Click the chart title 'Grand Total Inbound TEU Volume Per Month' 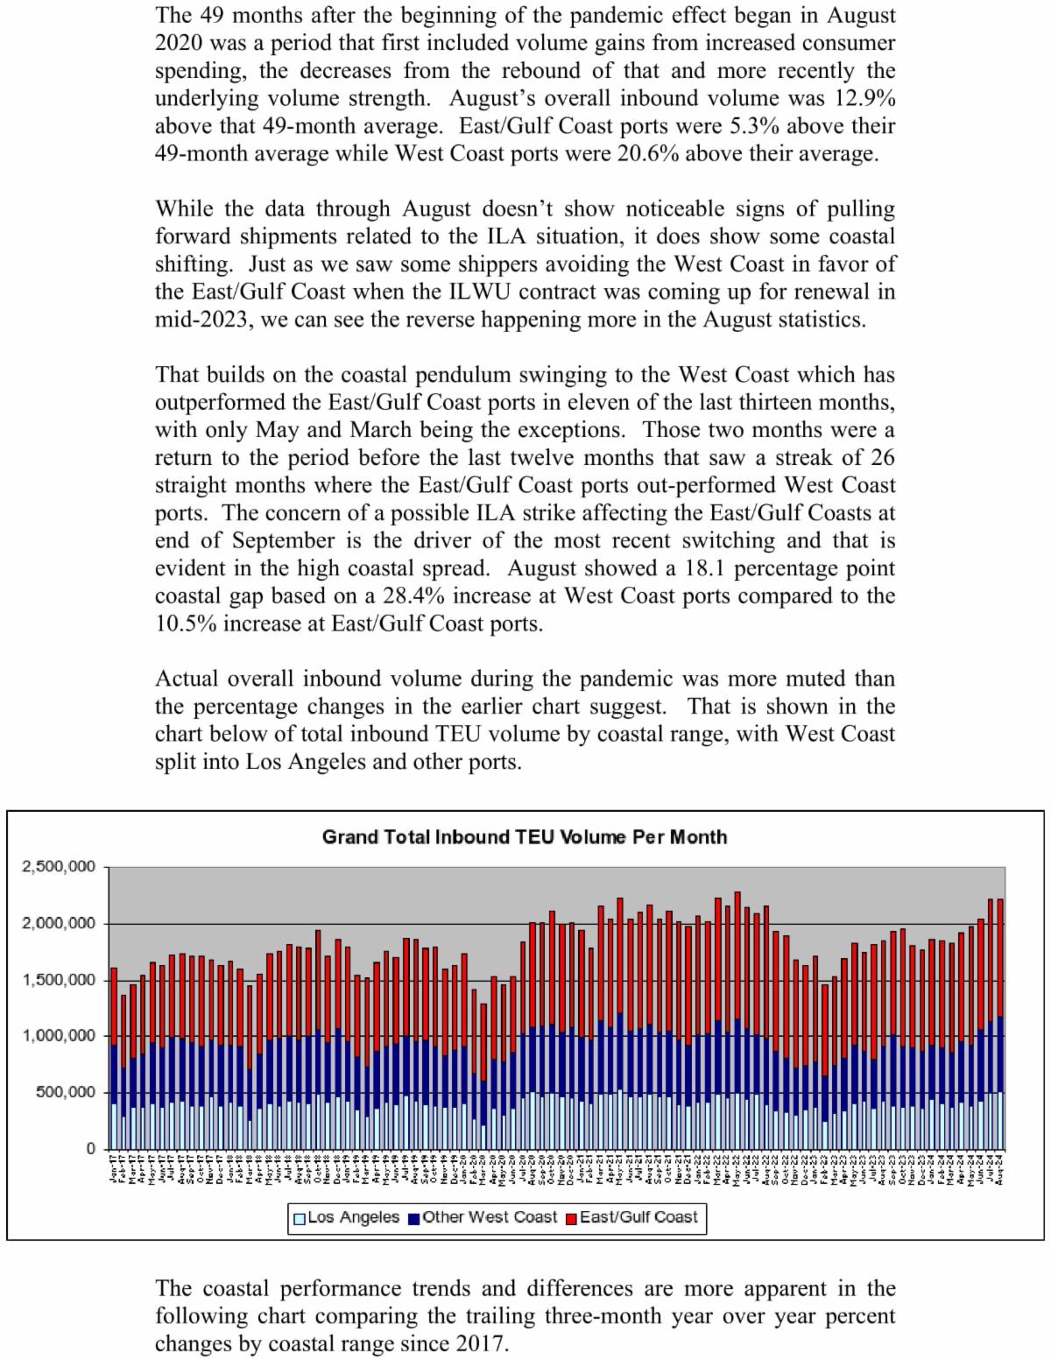pos(524,837)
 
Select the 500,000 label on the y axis pos(65,1092)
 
